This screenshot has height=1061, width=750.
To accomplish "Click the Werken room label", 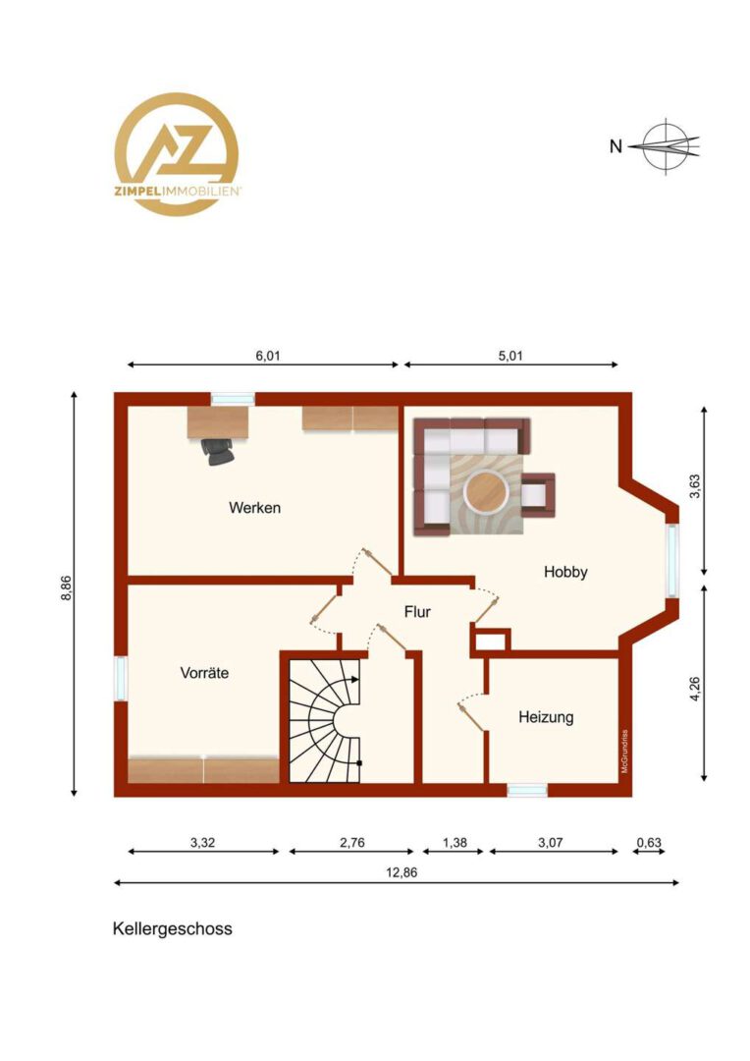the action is click(254, 508).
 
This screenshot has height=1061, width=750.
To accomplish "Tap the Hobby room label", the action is click(565, 572).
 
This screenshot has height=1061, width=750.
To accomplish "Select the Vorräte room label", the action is click(204, 673).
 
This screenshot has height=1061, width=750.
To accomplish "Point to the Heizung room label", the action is click(546, 716).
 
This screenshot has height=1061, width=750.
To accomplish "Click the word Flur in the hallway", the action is click(417, 612).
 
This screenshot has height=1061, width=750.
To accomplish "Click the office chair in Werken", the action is click(219, 451).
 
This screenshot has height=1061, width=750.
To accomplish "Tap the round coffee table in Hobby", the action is click(487, 490).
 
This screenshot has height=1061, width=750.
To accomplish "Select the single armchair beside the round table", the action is click(538, 494).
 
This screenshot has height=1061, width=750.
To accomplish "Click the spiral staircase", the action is click(325, 720).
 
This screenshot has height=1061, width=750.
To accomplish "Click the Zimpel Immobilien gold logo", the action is click(177, 154).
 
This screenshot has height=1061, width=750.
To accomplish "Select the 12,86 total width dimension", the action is click(402, 872).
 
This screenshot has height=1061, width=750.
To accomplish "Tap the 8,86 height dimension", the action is click(66, 587).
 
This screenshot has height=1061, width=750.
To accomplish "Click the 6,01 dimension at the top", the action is click(268, 356).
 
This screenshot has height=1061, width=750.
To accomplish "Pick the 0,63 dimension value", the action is click(649, 843).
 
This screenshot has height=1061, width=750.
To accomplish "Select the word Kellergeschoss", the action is click(173, 928).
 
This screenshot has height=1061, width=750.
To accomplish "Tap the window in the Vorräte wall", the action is click(121, 679).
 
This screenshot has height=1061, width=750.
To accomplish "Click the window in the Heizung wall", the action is click(527, 790).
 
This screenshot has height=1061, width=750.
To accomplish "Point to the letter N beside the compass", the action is click(616, 146).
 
